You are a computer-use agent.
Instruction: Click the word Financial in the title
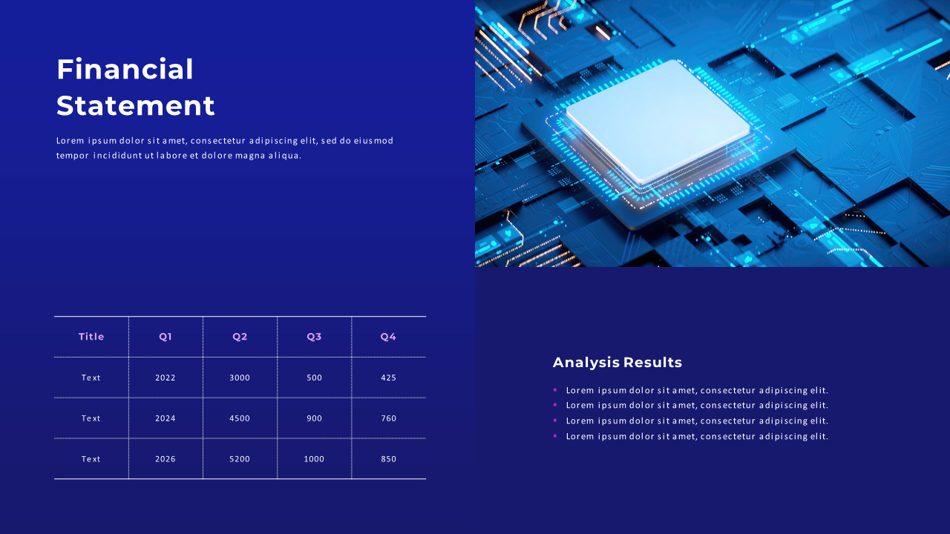point(125,70)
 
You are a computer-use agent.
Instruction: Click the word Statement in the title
point(136,106)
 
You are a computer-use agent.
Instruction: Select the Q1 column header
point(166,337)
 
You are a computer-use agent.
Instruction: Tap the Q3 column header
point(314,337)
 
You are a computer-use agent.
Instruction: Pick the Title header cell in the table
point(91,337)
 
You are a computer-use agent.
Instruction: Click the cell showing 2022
point(166,378)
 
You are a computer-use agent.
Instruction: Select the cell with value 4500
point(240,418)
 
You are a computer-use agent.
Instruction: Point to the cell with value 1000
point(314,459)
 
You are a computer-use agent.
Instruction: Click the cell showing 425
point(389,378)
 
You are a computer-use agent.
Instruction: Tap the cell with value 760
point(389,418)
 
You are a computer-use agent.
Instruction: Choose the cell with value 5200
point(240,459)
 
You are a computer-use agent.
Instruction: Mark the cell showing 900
point(314,418)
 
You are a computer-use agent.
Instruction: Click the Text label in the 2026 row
point(91,459)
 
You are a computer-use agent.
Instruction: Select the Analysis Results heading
point(617,363)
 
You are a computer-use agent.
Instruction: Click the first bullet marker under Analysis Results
point(555,389)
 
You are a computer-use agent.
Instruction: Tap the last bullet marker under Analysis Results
point(555,435)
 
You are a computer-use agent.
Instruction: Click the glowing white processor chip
point(657,120)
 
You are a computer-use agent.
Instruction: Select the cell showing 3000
point(240,378)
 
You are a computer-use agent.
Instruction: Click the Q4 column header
point(389,337)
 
